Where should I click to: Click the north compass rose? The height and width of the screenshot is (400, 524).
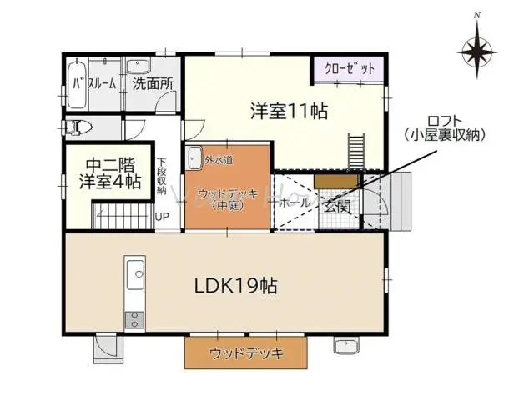pos(477,49)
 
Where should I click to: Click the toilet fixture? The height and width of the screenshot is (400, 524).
pos(78,127)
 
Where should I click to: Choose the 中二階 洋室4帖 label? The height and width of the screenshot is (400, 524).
pos(109,172)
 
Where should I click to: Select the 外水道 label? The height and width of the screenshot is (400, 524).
pos(219,159)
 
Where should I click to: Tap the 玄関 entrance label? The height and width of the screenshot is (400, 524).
pos(337,203)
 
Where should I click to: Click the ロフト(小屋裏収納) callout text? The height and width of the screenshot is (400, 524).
pos(443,126)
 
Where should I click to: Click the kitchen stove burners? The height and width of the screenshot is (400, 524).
pos(134,318)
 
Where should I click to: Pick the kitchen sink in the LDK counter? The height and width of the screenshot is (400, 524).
pos(134,271)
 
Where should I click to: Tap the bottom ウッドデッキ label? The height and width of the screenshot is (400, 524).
pos(246,353)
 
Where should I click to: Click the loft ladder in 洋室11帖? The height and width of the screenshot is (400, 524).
pos(358,151)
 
